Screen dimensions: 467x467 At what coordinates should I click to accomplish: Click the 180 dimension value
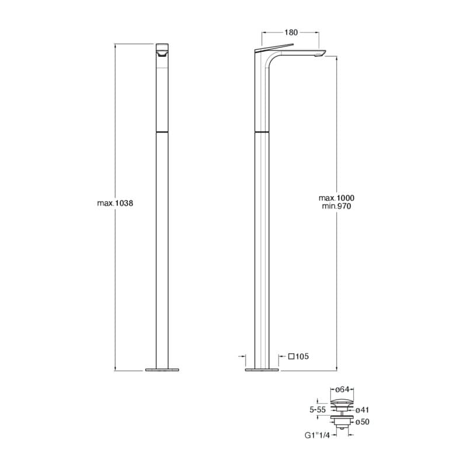[x=291, y=33]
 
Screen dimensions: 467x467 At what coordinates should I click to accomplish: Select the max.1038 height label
[x=115, y=203]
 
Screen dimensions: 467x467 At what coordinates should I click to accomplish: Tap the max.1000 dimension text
[x=337, y=198]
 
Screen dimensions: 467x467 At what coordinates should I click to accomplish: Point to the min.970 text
[x=337, y=206]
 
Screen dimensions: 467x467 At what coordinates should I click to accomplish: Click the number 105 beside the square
[x=302, y=357]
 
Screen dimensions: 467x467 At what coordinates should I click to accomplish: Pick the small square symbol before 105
[x=291, y=356]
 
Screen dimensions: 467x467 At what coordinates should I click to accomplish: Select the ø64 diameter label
[x=342, y=389]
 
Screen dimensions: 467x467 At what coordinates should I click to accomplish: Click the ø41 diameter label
[x=363, y=410]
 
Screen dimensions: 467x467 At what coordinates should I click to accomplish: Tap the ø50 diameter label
[x=363, y=422]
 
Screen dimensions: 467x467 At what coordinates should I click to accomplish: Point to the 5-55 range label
[x=318, y=410]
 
